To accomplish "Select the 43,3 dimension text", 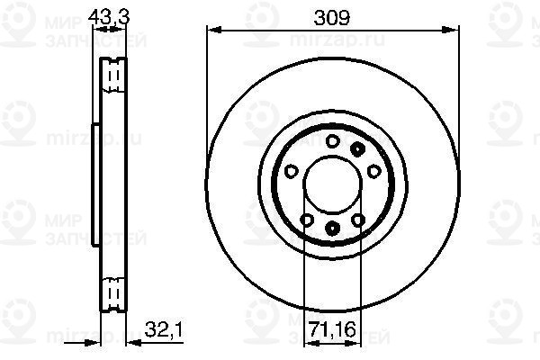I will [109, 14].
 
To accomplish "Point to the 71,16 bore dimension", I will [331, 328].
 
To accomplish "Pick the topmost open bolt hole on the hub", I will [331, 139].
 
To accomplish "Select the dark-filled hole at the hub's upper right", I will [358, 148].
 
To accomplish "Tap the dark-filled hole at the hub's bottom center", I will [331, 228].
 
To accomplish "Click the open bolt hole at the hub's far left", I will [291, 170].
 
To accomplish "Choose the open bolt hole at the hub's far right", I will [372, 170].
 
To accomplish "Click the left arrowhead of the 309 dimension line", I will [212, 31].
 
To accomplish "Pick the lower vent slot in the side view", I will [113, 292].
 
